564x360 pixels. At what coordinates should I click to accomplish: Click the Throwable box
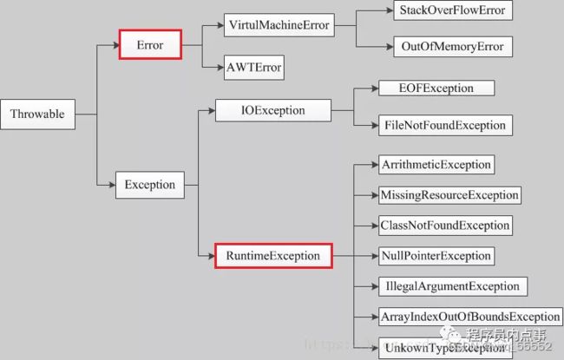pos(39,113)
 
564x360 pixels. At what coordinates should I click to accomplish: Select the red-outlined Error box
pos(149,43)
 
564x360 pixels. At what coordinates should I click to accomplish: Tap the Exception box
pos(149,184)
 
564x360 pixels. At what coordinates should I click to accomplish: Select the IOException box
pos(272,110)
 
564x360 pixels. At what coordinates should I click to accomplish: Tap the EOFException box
pos(436,88)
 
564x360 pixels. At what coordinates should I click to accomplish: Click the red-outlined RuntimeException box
pos(273,256)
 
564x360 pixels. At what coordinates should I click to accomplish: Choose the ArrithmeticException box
pos(436,164)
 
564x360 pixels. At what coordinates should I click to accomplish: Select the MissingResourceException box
pos(449,195)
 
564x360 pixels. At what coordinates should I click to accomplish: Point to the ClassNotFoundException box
pos(445,226)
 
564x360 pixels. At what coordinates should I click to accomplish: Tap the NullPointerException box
pos(436,256)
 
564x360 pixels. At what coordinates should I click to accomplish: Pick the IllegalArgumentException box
pos(450,286)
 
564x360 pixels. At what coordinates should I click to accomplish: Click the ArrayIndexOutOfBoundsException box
pos(469,317)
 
